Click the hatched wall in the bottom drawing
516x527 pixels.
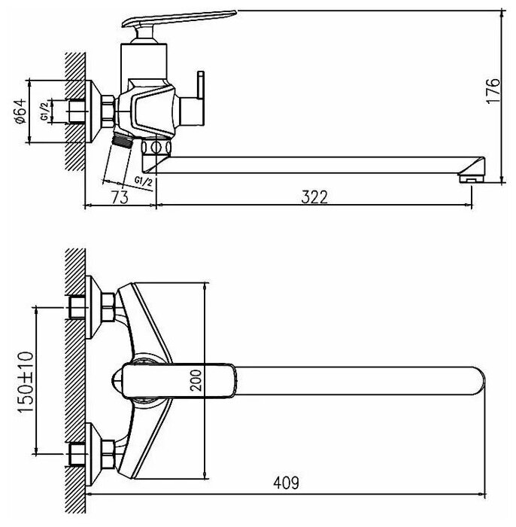[x=73, y=376]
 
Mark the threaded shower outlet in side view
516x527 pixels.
[x=120, y=140]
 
